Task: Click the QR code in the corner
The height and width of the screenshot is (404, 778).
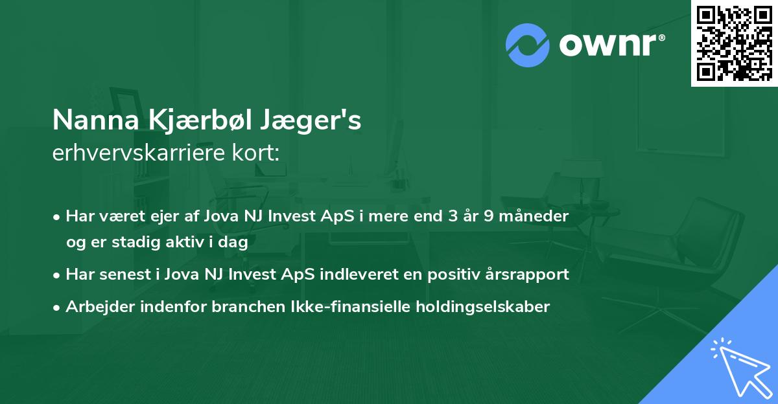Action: pos(734,43)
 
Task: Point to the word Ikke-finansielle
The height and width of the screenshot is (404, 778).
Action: pos(356,307)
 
